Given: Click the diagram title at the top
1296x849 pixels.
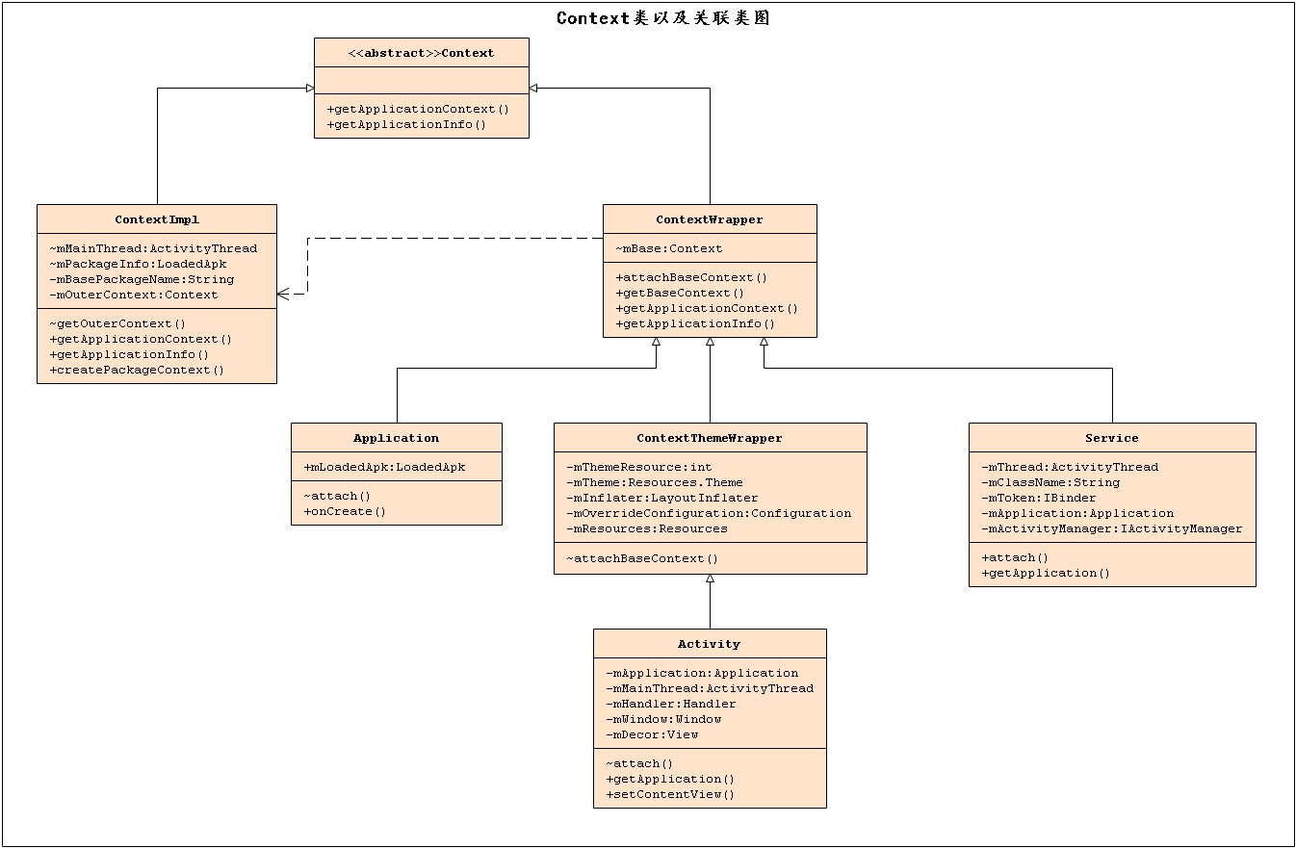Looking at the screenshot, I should point(662,17).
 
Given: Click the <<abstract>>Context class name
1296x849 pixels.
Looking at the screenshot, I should point(421,53).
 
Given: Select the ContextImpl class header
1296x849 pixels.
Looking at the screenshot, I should point(156,219).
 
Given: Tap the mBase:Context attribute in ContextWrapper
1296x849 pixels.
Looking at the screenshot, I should point(669,248).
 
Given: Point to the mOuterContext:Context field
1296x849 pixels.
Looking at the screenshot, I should point(134,295).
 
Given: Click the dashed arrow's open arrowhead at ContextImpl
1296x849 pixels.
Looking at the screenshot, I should point(284,295).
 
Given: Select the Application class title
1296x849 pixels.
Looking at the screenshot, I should point(396,438).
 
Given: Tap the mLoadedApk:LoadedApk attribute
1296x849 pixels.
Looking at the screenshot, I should point(384,467).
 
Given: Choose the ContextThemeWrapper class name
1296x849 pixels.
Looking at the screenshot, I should point(710,438).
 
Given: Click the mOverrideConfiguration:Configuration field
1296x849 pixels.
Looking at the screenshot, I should point(709,513).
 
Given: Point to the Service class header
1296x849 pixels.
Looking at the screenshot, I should point(1111,438).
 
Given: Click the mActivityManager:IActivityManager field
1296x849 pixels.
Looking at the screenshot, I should point(1111,528).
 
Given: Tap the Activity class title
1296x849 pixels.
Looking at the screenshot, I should point(709,644).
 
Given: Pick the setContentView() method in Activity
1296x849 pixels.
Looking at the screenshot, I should point(670,794).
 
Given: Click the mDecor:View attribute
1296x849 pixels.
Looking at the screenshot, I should point(652,734).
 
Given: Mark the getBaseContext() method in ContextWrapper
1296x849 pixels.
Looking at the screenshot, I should point(681,293).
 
